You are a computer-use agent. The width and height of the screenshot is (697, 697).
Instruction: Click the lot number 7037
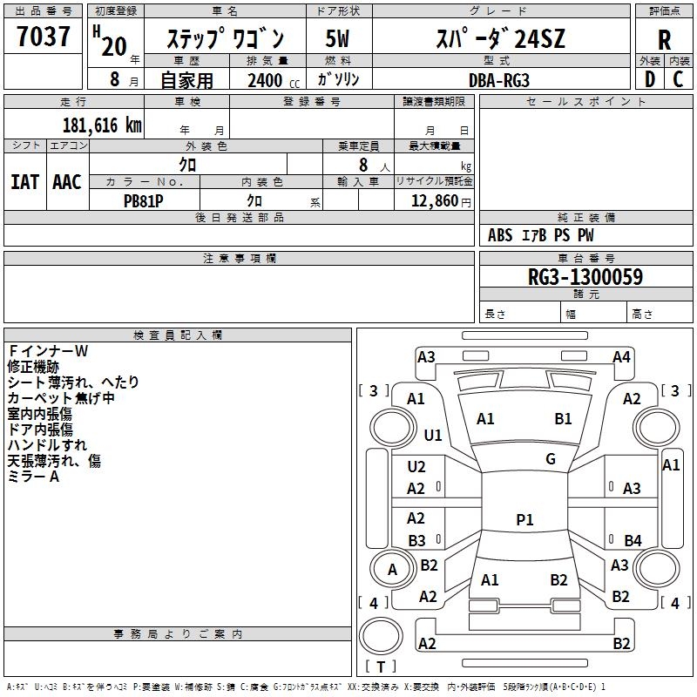43,36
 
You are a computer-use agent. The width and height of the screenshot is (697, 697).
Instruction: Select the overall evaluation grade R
664,39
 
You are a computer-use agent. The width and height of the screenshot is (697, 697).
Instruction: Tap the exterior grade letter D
649,79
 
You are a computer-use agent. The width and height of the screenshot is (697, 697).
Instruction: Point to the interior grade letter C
678,79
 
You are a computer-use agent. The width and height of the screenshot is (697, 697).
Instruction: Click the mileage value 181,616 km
102,125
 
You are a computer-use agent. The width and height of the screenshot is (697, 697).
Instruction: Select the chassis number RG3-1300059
585,276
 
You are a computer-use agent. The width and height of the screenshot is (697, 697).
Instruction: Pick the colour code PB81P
143,201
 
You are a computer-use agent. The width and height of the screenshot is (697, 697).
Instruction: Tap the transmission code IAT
25,182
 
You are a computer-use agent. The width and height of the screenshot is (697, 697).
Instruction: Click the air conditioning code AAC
67,182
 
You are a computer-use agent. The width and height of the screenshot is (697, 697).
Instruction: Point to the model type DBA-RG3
499,80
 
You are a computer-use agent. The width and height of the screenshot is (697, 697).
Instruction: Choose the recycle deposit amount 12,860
434,201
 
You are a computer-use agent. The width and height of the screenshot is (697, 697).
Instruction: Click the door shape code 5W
337,38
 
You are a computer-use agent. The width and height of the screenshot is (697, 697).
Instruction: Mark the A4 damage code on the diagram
621,357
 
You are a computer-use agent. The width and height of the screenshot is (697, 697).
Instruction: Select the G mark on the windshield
551,459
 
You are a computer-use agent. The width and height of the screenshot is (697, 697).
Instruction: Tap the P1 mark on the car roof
524,519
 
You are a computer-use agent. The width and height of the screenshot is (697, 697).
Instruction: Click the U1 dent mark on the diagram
433,435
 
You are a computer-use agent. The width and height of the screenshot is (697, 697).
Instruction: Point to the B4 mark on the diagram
633,540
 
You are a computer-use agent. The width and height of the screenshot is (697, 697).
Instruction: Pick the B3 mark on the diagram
417,540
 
